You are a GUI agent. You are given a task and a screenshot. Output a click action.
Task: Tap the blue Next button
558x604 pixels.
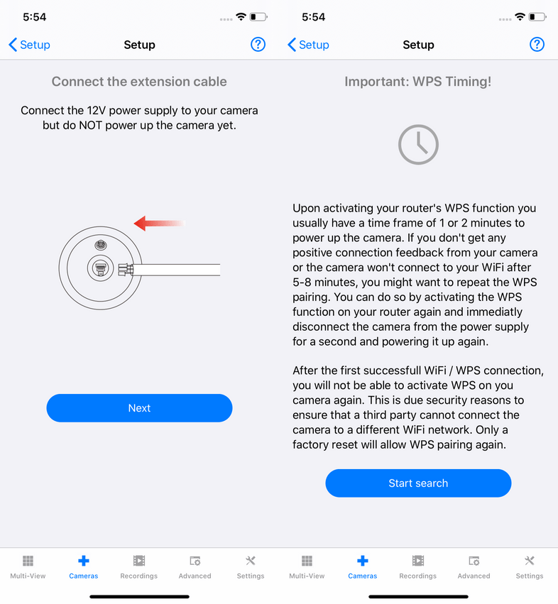tap(139, 408)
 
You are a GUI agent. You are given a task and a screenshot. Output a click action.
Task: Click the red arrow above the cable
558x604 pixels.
tap(159, 224)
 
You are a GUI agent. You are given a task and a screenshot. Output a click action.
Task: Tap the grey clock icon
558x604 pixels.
tap(418, 145)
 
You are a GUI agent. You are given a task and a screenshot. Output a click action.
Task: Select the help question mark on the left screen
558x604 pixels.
tap(258, 45)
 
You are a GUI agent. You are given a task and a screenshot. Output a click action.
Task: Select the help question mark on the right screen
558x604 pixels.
tap(537, 45)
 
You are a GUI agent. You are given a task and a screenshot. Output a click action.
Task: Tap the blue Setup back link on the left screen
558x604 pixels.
tap(29, 45)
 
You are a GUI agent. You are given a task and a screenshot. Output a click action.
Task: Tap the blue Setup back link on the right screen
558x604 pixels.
tap(308, 45)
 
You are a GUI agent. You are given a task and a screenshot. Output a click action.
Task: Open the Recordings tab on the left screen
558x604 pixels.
tap(138, 567)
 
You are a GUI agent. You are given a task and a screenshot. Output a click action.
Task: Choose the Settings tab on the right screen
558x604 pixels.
tap(530, 567)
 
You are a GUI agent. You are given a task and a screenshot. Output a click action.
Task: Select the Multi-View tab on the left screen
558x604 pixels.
tap(28, 567)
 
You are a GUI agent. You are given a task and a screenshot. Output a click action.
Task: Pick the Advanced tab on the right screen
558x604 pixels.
tap(474, 567)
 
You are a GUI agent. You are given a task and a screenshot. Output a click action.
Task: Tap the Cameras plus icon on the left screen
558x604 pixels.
tap(84, 561)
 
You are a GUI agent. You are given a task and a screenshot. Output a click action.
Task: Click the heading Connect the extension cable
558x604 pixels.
tap(139, 82)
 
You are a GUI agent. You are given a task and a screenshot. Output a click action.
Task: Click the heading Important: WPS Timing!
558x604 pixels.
tap(418, 82)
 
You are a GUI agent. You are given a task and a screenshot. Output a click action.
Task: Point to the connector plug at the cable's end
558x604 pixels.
tap(125, 270)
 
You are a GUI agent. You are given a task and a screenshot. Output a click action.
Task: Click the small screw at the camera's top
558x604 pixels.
tap(101, 245)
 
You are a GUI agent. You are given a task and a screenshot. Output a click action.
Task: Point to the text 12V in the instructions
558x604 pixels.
tap(97, 111)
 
